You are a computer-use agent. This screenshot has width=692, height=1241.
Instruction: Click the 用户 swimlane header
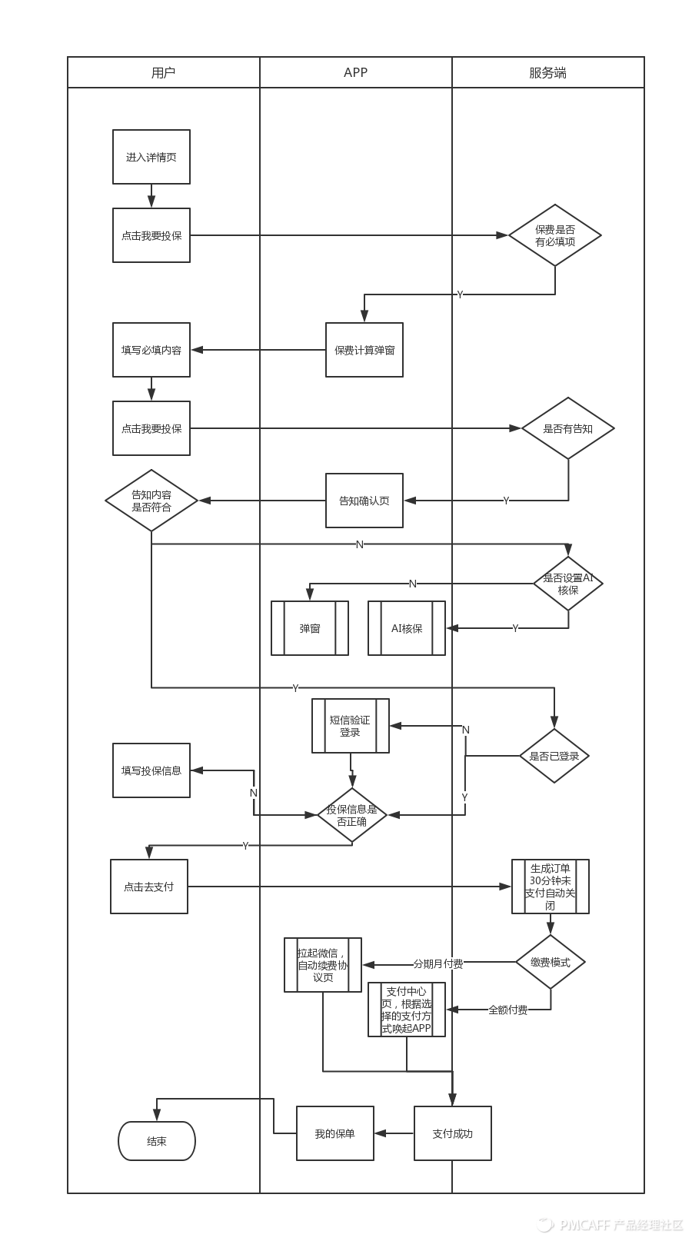tap(163, 73)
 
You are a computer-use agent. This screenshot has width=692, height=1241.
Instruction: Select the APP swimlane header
tap(355, 73)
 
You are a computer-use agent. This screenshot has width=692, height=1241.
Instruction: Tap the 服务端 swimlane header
tap(547, 73)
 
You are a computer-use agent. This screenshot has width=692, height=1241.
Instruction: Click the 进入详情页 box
tap(151, 157)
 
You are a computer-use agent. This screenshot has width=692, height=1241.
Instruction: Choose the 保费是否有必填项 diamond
tap(555, 235)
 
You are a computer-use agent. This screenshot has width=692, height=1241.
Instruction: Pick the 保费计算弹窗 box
tap(364, 350)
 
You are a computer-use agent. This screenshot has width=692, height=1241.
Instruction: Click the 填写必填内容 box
tap(151, 350)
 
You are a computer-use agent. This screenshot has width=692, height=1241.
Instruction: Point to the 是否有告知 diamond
tap(568, 428)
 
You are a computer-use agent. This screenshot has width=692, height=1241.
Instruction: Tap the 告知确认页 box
tap(364, 501)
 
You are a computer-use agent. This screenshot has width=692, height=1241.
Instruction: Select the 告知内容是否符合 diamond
tap(151, 501)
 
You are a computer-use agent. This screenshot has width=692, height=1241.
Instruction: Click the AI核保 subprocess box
tap(407, 628)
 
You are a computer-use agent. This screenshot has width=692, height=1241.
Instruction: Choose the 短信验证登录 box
tap(351, 726)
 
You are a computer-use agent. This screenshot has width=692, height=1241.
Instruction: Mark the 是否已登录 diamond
tap(554, 756)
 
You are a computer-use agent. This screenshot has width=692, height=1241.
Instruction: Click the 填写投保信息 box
tap(151, 770)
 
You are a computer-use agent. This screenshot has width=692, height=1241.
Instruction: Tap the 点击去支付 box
tap(149, 887)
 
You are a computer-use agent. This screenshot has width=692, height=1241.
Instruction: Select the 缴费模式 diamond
tap(551, 962)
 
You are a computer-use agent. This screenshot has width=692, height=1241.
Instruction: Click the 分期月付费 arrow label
tap(438, 963)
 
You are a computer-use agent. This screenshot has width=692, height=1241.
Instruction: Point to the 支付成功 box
tap(453, 1133)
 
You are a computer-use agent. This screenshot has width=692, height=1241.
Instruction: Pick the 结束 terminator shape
tap(157, 1141)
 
